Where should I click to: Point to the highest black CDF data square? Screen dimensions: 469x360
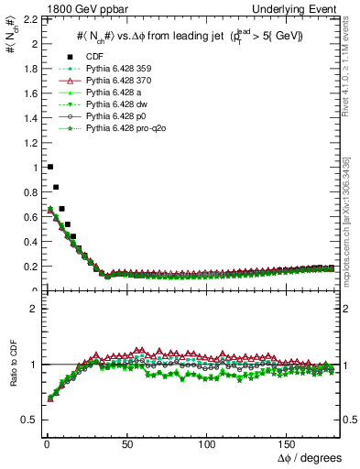[49, 167]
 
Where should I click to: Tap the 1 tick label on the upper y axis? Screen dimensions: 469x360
[33, 168]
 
